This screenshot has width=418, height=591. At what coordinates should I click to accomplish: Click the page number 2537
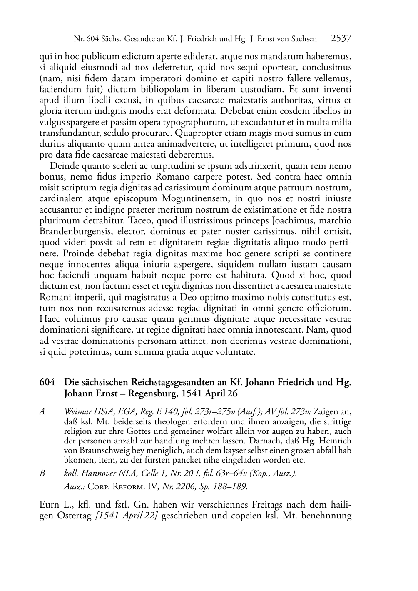point(341,39)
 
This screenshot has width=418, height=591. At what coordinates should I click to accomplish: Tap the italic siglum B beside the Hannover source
point(42,473)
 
